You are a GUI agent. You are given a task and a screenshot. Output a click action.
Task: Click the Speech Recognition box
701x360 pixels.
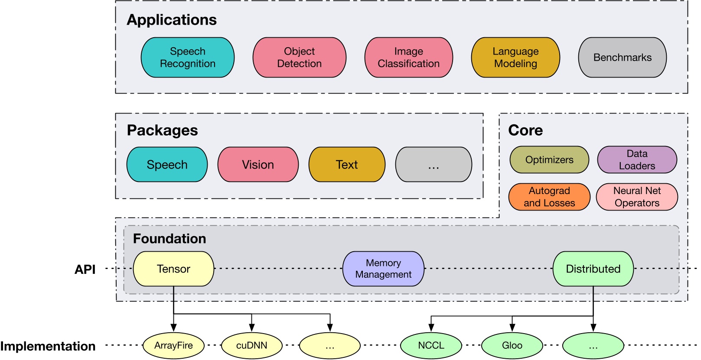click(187, 58)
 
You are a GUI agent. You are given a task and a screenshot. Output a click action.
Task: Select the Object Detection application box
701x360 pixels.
click(299, 58)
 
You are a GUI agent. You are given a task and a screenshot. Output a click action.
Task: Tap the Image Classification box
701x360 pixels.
click(408, 58)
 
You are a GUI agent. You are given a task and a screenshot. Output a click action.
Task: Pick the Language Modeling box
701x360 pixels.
click(515, 58)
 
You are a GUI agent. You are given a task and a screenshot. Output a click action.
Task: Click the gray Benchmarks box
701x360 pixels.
click(622, 58)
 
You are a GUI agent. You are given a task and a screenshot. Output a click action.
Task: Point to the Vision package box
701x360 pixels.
click(258, 165)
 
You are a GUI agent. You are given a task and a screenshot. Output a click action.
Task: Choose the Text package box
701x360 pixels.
click(347, 165)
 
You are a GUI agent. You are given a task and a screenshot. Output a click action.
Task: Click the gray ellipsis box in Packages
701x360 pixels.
click(434, 165)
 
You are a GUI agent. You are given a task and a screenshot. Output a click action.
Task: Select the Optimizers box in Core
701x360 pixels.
click(549, 160)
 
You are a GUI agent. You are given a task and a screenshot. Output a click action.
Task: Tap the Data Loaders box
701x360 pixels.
click(637, 160)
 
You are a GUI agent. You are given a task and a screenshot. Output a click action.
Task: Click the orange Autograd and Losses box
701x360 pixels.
click(549, 197)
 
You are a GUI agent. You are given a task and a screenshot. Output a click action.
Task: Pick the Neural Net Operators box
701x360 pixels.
click(637, 197)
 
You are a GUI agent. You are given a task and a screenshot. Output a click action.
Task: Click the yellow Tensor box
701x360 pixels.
click(173, 269)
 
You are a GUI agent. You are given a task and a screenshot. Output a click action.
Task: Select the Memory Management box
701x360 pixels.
click(383, 269)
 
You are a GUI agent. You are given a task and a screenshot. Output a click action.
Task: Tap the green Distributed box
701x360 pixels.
click(593, 269)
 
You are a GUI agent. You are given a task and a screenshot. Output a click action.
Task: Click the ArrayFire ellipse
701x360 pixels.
click(173, 346)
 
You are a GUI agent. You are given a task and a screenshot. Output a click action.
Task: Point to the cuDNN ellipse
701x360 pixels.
click(251, 346)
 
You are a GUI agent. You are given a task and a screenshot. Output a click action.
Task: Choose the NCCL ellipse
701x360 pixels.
click(431, 346)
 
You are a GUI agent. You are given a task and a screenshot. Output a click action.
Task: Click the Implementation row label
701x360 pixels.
click(48, 346)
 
